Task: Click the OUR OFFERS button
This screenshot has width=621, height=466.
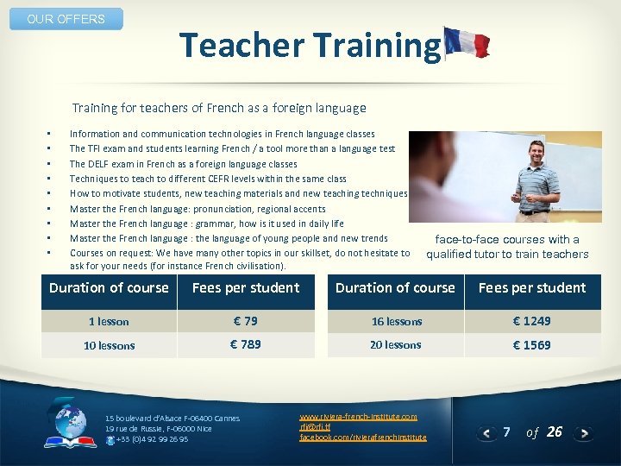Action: pyautogui.click(x=66, y=19)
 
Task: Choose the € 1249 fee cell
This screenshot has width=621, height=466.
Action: pyautogui.click(x=531, y=321)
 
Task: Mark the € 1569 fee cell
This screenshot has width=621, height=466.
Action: pyautogui.click(x=531, y=344)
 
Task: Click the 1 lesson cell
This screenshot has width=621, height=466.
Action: pyautogui.click(x=109, y=322)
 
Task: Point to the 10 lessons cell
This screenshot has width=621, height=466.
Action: pyautogui.click(x=109, y=345)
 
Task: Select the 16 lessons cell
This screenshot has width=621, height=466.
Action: pyautogui.click(x=397, y=322)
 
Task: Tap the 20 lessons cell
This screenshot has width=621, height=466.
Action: pyautogui.click(x=396, y=344)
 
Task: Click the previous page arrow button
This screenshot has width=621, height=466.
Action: pyautogui.click(x=488, y=432)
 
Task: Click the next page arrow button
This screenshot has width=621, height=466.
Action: pyautogui.click(x=584, y=432)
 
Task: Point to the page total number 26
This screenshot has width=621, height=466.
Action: pyautogui.click(x=554, y=431)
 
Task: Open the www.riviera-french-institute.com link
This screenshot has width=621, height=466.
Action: pyautogui.click(x=358, y=417)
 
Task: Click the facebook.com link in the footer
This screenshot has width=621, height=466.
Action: pyautogui.click(x=362, y=438)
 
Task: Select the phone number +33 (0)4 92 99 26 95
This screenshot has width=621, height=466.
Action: pyautogui.click(x=152, y=439)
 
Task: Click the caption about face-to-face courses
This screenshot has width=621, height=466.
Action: pyautogui.click(x=507, y=247)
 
